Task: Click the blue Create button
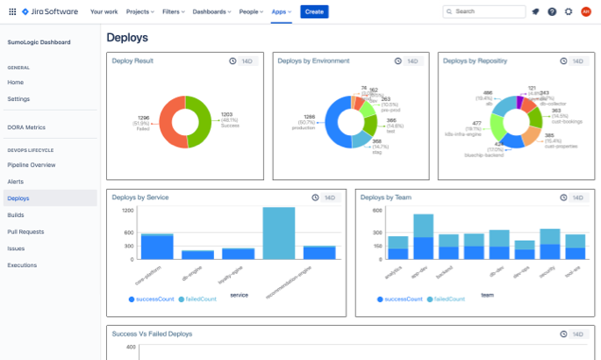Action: pyautogui.click(x=314, y=11)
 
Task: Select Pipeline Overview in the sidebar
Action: pyautogui.click(x=32, y=164)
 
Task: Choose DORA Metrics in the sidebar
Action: pyautogui.click(x=26, y=127)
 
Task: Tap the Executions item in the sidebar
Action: pyautogui.click(x=22, y=264)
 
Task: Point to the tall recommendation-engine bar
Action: pyautogui.click(x=278, y=233)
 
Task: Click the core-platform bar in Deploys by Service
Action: pyautogui.click(x=157, y=246)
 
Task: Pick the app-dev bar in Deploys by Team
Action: pyautogui.click(x=423, y=237)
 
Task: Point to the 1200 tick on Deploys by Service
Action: pyautogui.click(x=127, y=211)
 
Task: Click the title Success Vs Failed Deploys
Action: pyautogui.click(x=152, y=334)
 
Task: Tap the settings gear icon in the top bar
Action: pyautogui.click(x=569, y=11)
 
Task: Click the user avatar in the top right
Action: pyautogui.click(x=586, y=11)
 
